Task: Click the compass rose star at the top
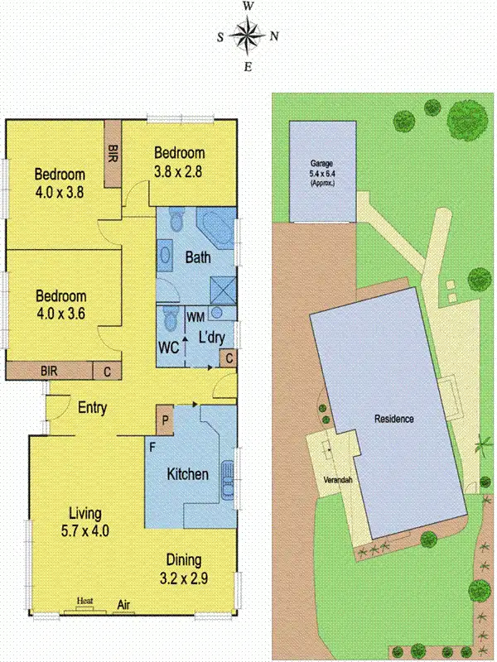tap(247, 36)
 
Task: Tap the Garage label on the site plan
tap(321, 164)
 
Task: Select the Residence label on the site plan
tap(393, 419)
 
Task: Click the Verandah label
tap(330, 480)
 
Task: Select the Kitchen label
tap(188, 474)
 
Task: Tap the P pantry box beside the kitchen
tap(165, 419)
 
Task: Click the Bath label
tap(197, 257)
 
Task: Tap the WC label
tap(169, 348)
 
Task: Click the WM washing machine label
tap(195, 317)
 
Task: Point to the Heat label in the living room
tap(84, 601)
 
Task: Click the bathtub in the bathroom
tap(217, 224)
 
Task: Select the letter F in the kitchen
tap(152, 447)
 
